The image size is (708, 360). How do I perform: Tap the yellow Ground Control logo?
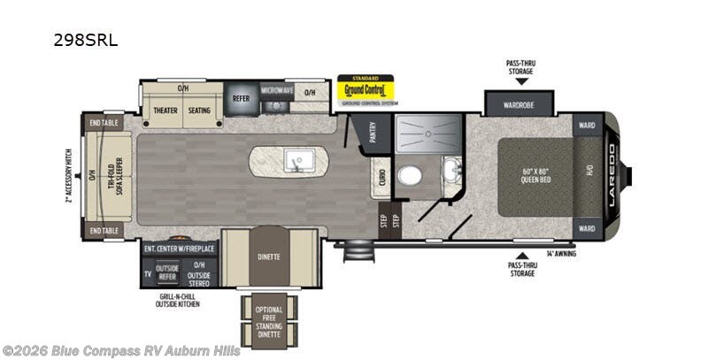point(366,91)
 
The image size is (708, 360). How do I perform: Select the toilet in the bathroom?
point(410,175)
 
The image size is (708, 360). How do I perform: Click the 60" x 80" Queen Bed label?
point(535,176)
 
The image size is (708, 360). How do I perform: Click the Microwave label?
point(276,90)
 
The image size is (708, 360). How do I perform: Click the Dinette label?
point(269,257)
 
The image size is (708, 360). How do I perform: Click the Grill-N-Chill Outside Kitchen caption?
point(174,300)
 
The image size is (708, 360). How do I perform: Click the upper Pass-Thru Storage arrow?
point(521,81)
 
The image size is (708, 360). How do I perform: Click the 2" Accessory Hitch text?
point(67,176)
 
